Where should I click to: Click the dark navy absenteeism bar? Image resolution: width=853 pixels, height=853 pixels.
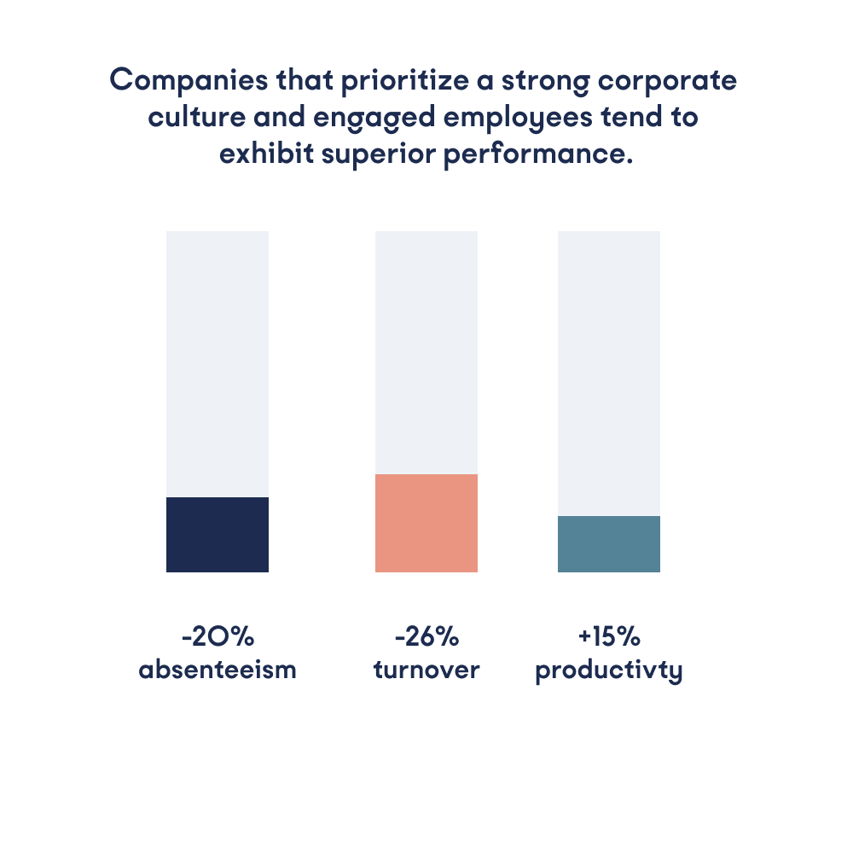(218, 534)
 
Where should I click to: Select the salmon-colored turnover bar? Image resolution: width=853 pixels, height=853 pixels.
(426, 523)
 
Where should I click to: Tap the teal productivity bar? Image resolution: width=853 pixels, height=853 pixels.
(609, 543)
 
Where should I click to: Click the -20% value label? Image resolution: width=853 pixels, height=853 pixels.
(218, 637)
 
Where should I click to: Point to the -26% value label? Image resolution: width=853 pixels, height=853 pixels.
(426, 637)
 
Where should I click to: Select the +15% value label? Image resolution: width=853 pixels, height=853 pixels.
(609, 637)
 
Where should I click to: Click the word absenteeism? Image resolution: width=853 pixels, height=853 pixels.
(218, 670)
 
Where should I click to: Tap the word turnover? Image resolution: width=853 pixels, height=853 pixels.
(426, 670)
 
